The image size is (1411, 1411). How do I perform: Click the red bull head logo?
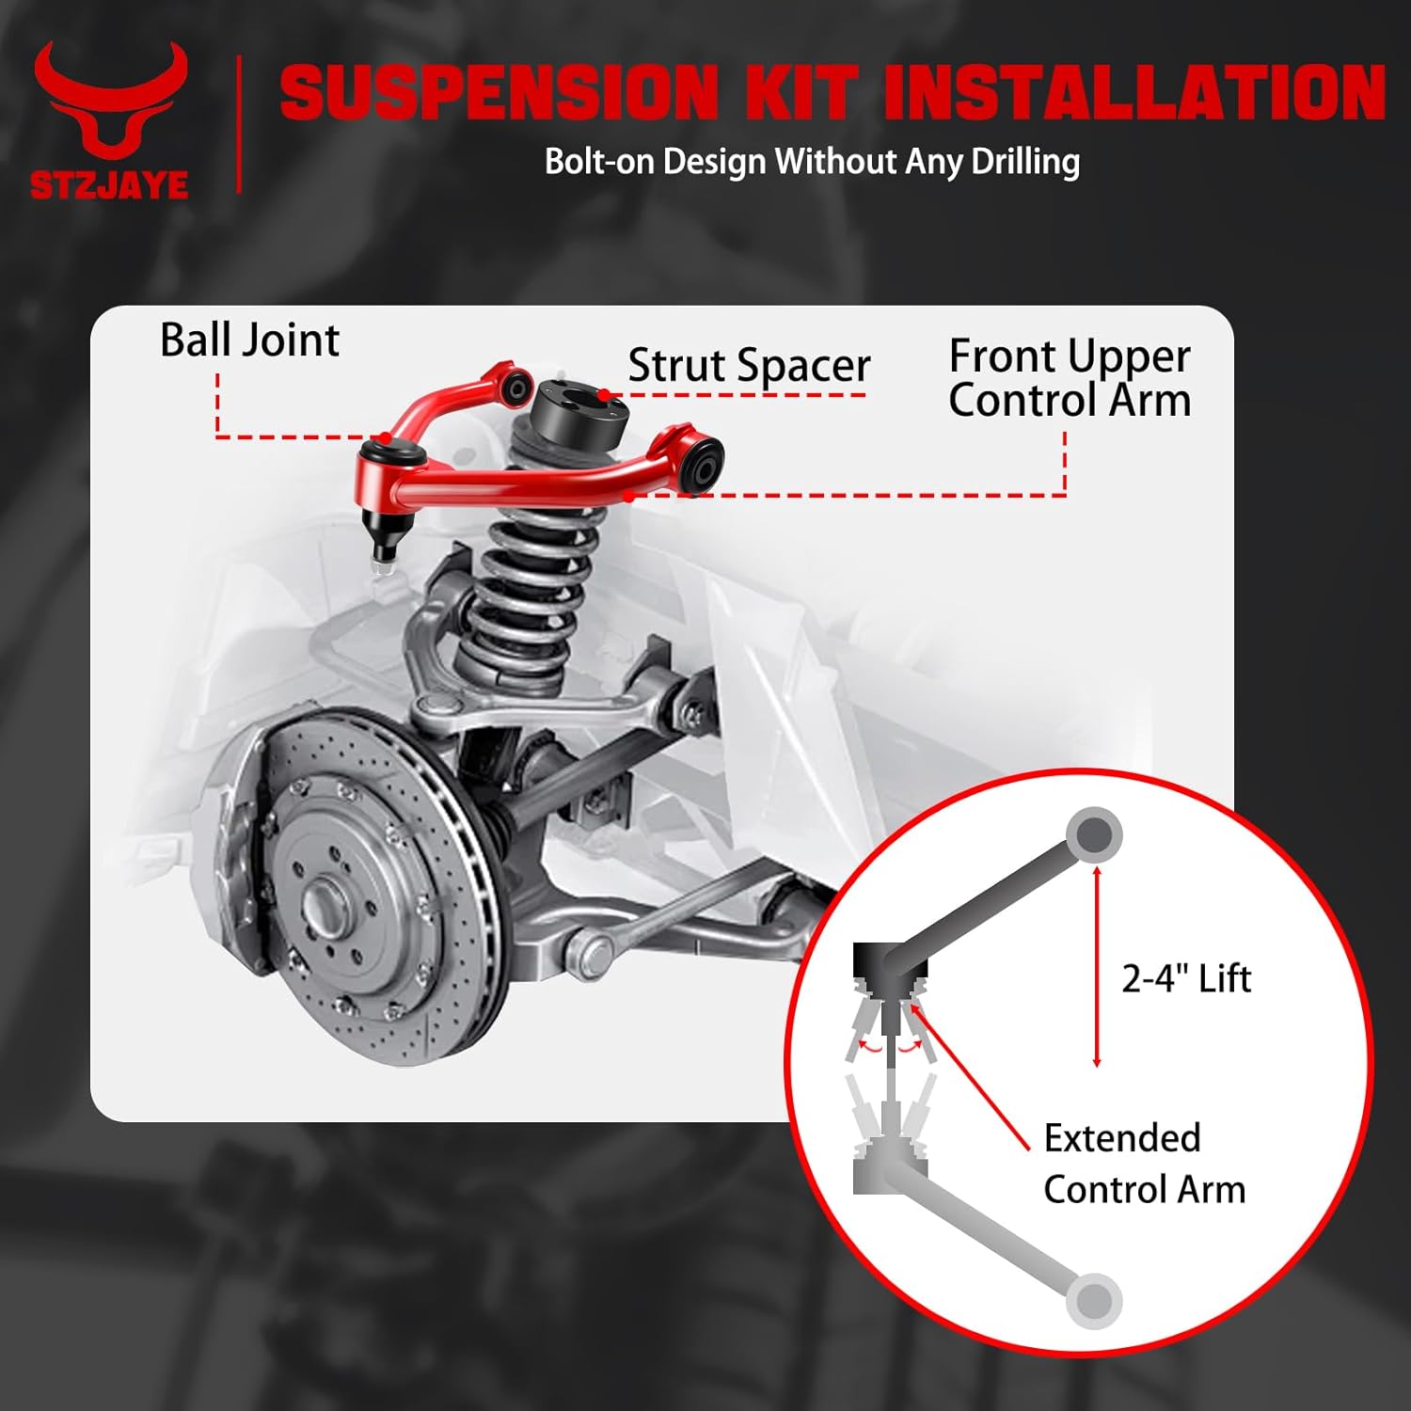click(x=111, y=103)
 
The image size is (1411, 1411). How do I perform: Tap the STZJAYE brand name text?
click(x=109, y=184)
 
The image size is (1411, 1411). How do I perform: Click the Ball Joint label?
click(x=249, y=340)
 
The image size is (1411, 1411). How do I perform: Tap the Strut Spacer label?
click(x=749, y=365)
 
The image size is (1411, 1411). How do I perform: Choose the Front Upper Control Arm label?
click(x=1070, y=378)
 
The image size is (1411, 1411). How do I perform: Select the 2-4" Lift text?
click(x=1186, y=979)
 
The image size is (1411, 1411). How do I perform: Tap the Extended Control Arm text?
click(x=1144, y=1164)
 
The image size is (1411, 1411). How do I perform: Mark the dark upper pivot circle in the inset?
click(x=1094, y=834)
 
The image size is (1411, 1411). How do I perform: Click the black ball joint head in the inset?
click(x=887, y=961)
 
